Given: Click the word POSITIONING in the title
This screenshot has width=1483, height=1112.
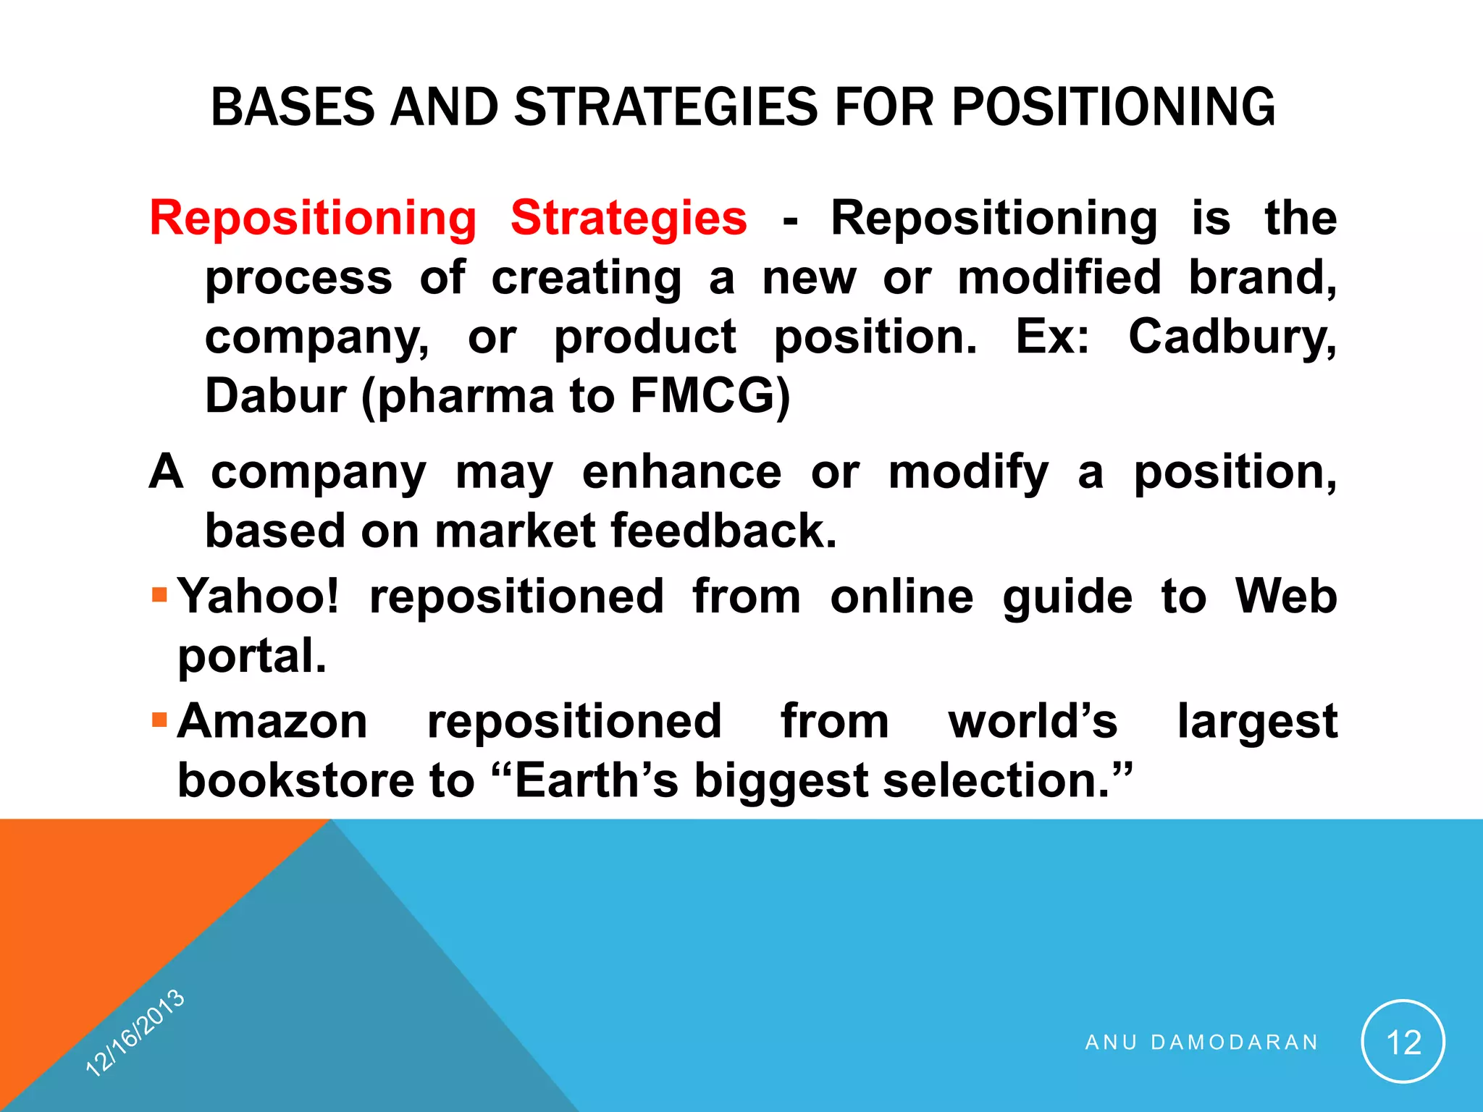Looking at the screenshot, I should point(1113,107).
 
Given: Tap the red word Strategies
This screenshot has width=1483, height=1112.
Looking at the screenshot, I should point(629,218).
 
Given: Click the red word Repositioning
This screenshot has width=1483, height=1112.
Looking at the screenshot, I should point(313,218).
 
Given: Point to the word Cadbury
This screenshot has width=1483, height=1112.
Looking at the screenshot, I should point(1232,337).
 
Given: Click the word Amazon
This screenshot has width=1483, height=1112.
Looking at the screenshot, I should point(272,721).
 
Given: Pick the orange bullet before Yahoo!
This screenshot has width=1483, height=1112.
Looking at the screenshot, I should point(160,596).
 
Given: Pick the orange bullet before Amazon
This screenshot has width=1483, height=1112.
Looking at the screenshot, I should point(160,720).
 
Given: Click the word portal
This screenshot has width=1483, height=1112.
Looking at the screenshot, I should point(252,656).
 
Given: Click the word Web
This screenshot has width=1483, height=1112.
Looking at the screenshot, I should point(1285,597).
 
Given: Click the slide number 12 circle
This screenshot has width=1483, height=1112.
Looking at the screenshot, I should point(1403,1042).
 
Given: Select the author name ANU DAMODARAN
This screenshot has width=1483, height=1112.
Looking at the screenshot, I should point(1201,1042).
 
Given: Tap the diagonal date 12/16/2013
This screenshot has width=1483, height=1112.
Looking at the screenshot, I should point(135,1032).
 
